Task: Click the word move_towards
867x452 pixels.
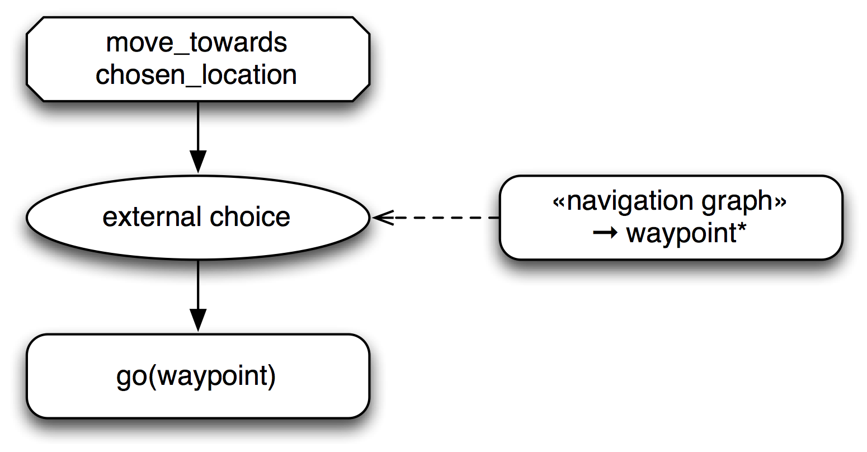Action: pos(196,43)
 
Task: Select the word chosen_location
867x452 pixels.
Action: pos(196,75)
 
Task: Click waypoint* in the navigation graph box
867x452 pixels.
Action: pos(687,233)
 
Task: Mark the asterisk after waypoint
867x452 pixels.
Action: pos(742,229)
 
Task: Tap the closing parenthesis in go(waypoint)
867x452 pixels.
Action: pos(272,376)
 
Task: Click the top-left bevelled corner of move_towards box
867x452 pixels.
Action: pos(36,26)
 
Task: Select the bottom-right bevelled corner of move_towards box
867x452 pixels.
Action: pos(360,92)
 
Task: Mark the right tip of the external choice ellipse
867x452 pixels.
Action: pos(367,218)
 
